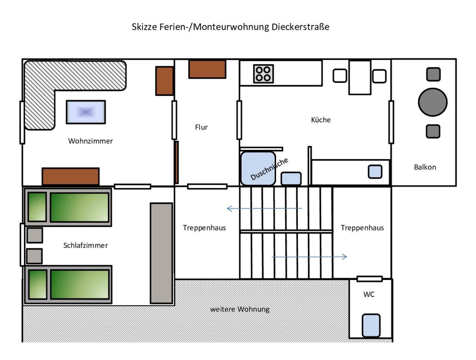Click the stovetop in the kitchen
(263, 74)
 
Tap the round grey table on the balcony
(433, 102)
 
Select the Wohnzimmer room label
(90, 141)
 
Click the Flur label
(201, 127)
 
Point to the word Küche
(321, 120)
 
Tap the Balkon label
(425, 167)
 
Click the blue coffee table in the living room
(86, 112)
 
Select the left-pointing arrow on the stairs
(264, 208)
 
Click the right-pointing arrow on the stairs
(309, 257)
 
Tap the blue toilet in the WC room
(371, 325)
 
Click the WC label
(369, 294)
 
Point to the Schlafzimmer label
(85, 245)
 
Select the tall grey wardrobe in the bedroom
(161, 253)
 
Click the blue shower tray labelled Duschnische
(258, 169)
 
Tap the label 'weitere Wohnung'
(240, 309)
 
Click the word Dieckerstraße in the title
(300, 27)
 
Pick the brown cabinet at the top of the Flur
(207, 69)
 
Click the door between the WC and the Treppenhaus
(370, 279)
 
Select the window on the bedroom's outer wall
(22, 245)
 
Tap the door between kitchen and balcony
(391, 122)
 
